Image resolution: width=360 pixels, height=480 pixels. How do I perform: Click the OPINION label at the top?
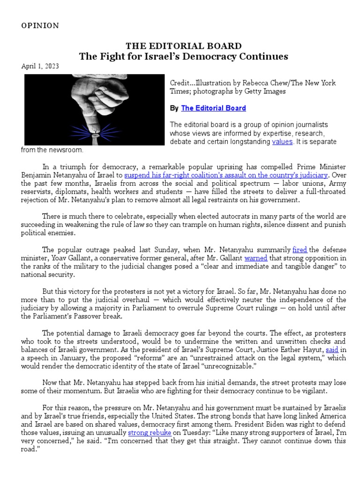(x=40, y=26)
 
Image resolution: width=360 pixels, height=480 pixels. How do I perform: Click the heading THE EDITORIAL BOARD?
(x=183, y=46)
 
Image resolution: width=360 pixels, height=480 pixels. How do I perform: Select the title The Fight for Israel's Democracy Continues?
(x=183, y=57)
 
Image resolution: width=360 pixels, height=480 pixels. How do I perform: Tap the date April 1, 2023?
(x=40, y=66)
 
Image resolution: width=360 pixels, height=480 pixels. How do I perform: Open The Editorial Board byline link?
(x=213, y=108)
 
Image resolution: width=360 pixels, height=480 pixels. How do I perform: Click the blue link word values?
(x=282, y=142)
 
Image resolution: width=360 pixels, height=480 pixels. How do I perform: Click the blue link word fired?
(x=300, y=249)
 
